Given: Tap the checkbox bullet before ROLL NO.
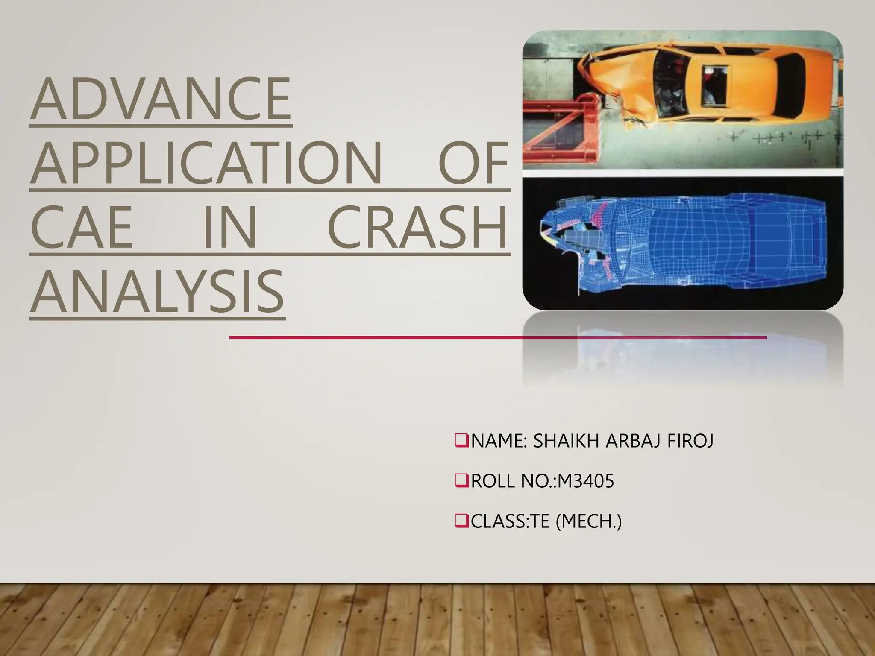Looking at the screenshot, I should [x=461, y=481].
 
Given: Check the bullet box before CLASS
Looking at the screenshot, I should [x=461, y=521].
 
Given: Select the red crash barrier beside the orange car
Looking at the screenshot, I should [x=555, y=128].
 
